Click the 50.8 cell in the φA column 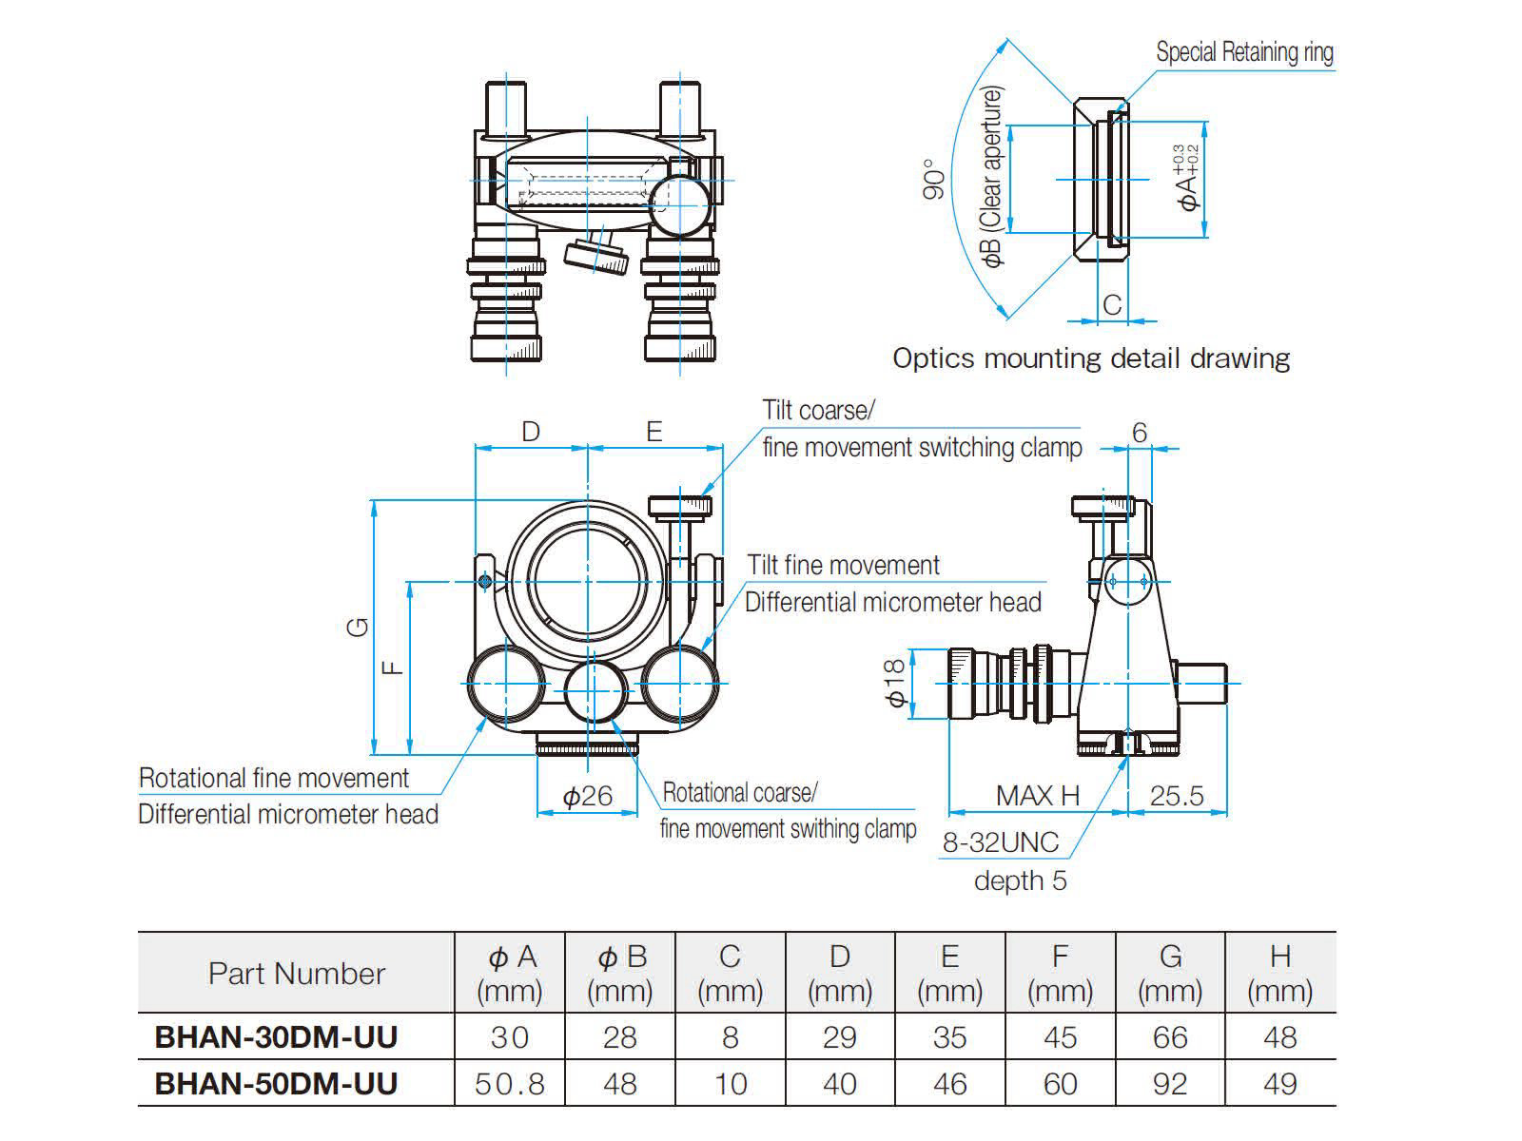[509, 1084]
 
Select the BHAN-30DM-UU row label [276, 1036]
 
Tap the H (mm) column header [1279, 974]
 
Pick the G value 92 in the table [1170, 1084]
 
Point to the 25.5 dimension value [1177, 796]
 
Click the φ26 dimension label [587, 796]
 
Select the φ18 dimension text [895, 683]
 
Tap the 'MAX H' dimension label [1038, 796]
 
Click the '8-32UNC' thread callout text [1000, 842]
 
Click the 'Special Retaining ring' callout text [1244, 52]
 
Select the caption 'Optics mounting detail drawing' [1091, 358]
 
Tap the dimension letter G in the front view [359, 627]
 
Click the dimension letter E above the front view [654, 432]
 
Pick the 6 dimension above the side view [1140, 433]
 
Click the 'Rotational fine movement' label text [274, 778]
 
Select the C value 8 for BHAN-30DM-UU [730, 1036]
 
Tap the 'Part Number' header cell [296, 974]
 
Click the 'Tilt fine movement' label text [843, 565]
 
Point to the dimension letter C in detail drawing [1112, 304]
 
